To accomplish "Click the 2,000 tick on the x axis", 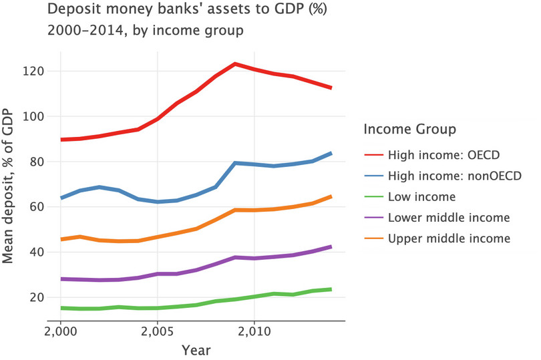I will (60, 331).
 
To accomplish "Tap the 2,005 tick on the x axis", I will (157, 331).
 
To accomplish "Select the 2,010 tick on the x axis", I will (254, 331).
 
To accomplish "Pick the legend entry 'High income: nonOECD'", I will (447, 176).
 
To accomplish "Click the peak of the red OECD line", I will (234, 64).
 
